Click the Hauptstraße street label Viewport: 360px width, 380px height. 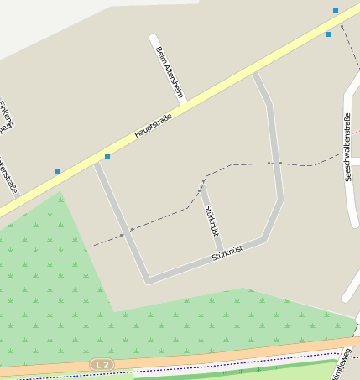tap(153, 127)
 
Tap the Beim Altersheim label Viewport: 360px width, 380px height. tap(170, 72)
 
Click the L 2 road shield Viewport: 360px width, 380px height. tap(102, 364)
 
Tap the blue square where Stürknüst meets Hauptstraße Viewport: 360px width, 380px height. tap(107, 157)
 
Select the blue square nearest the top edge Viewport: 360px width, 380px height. tap(336, 10)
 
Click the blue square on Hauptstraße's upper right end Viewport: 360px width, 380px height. tap(328, 34)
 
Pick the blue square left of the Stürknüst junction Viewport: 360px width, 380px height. tap(57, 171)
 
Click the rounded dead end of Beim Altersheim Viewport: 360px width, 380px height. tap(154, 38)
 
